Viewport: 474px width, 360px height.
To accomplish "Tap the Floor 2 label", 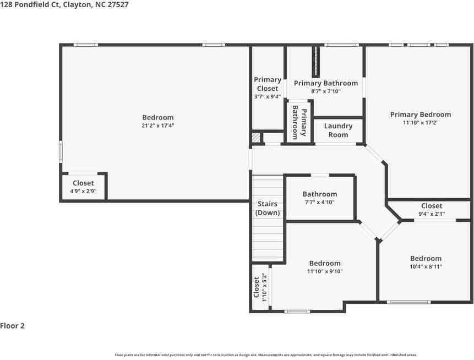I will (13, 326).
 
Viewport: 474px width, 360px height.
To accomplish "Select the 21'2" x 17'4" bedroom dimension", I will (158, 126).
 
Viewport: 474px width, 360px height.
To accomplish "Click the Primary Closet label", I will (268, 84).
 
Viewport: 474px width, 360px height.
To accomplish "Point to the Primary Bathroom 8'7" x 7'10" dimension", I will (325, 91).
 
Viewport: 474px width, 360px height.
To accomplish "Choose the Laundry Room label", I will (338, 130).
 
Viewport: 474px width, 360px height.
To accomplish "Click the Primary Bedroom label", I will (420, 114).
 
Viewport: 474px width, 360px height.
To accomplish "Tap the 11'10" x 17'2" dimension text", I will (420, 123).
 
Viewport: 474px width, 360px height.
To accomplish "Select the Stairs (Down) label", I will (268, 208).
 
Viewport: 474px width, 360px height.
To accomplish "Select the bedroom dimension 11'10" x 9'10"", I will (325, 271).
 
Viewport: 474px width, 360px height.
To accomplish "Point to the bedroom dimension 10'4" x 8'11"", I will (426, 266).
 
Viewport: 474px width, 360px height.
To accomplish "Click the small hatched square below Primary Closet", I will (256, 138).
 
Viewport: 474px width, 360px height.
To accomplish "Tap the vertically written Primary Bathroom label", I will (299, 122).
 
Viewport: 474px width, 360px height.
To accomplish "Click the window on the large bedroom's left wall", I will (61, 151).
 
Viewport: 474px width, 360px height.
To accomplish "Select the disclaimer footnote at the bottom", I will (265, 355).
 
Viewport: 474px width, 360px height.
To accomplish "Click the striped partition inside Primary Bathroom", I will (316, 62).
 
